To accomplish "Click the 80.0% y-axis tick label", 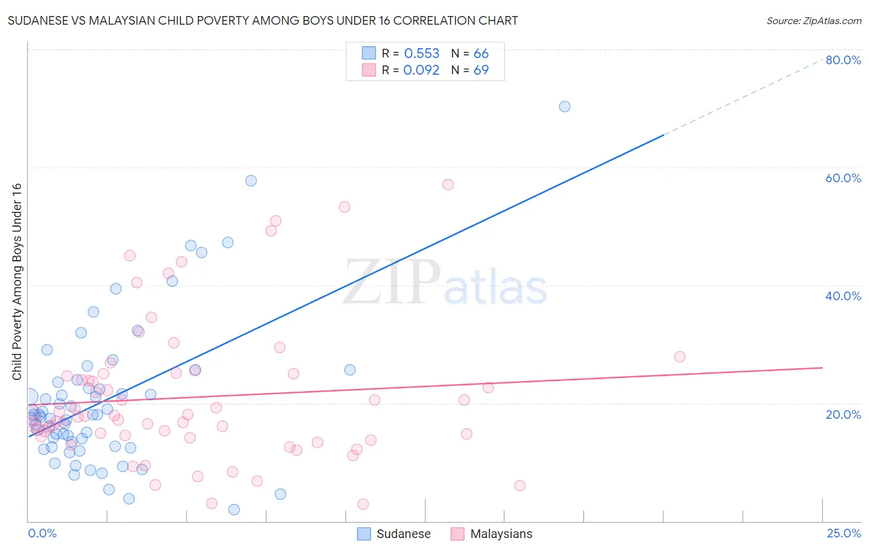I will click(x=843, y=60).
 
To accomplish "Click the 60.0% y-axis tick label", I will click(x=843, y=178).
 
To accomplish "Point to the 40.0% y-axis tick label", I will click(x=843, y=296).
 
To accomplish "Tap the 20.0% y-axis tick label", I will click(x=843, y=414).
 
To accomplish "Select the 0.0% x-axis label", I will click(x=42, y=533).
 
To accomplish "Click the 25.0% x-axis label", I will click(x=844, y=533).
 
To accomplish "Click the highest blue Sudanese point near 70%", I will click(x=564, y=106).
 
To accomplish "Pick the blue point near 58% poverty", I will click(x=251, y=180).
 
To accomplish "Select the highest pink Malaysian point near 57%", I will click(x=448, y=184).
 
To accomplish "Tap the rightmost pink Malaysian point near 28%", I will click(x=680, y=356).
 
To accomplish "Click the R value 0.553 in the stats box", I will click(x=422, y=54).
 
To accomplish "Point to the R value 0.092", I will click(x=422, y=70).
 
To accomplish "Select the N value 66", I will click(x=481, y=54).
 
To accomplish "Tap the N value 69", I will click(x=481, y=70).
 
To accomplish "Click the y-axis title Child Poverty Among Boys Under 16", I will click(x=17, y=282).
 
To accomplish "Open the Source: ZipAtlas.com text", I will click(x=813, y=20).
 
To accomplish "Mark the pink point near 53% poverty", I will click(x=344, y=207).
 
